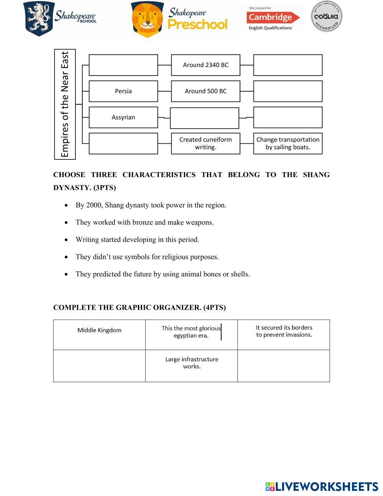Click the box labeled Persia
(123, 91)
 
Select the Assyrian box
(123, 117)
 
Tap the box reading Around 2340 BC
(206, 65)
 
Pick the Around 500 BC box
(206, 91)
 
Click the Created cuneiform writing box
(206, 143)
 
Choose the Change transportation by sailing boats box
(288, 143)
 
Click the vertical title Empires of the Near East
(65, 104)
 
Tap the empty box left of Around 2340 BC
(123, 65)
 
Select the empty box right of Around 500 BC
(288, 91)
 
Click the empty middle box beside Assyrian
(205, 118)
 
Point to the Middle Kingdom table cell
(99, 330)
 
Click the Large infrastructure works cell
(191, 363)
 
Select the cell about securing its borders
(284, 331)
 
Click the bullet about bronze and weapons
(144, 222)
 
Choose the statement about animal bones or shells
(162, 274)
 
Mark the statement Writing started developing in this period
(137, 240)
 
